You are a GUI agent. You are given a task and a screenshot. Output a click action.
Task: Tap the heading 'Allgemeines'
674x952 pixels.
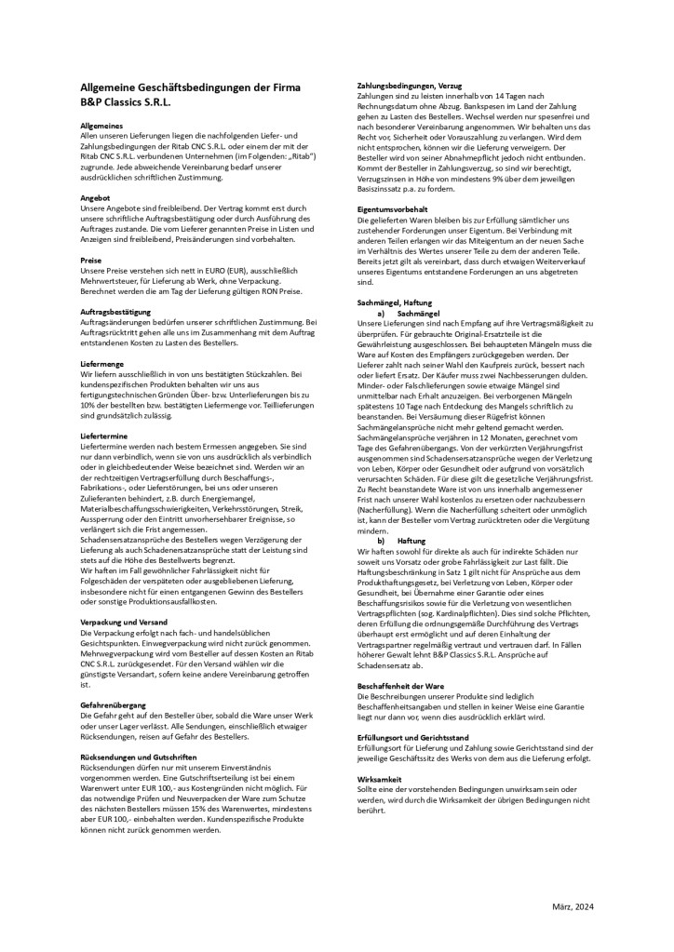(x=103, y=126)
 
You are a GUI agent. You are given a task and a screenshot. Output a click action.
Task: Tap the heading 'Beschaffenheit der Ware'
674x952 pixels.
(x=402, y=686)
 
